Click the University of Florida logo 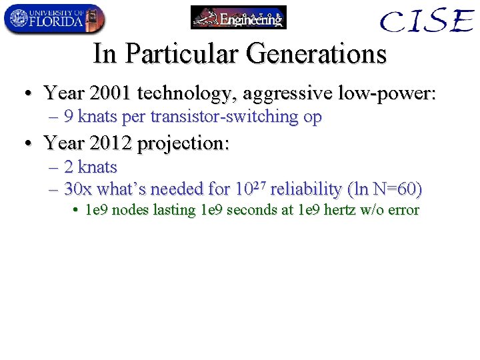coord(54,19)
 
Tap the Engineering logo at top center coord(239,17)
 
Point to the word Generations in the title coord(316,53)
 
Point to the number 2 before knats coord(69,167)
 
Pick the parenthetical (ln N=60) coord(385,189)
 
